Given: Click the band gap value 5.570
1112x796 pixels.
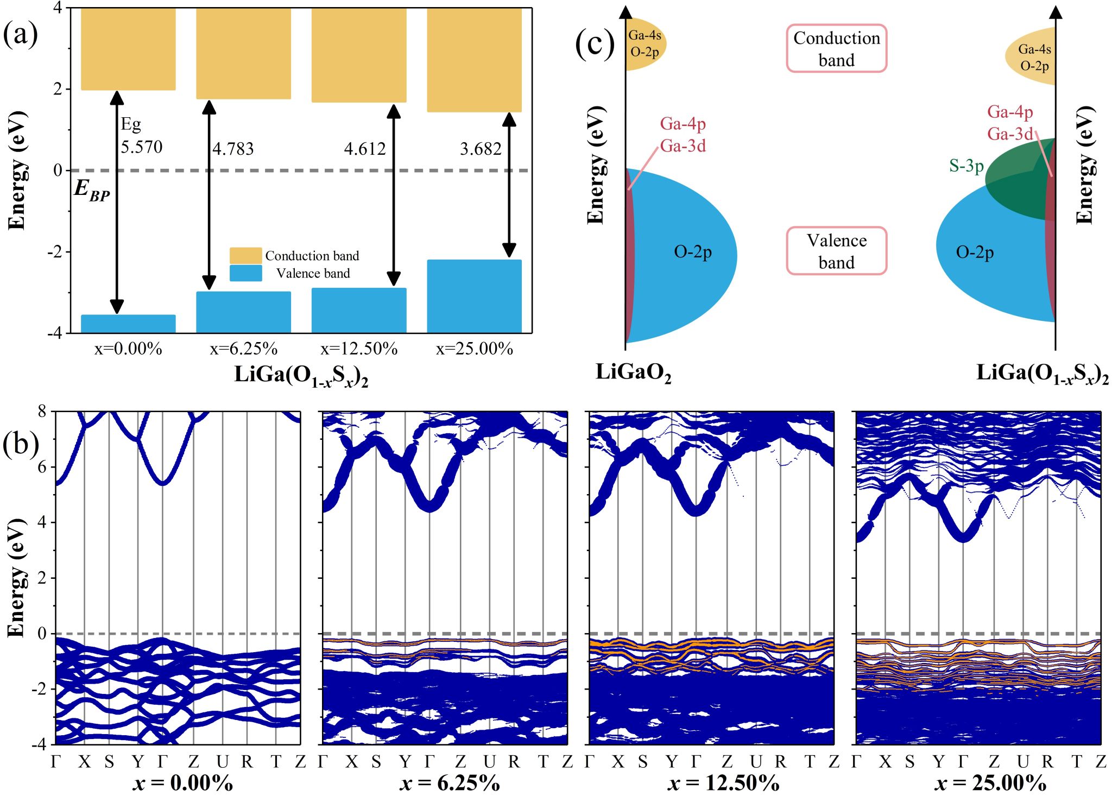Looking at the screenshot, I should pos(142,147).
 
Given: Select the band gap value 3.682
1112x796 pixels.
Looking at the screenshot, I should pos(481,149).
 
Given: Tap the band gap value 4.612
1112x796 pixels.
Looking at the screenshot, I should pos(365,149).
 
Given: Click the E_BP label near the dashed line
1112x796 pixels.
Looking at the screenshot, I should pos(92,189).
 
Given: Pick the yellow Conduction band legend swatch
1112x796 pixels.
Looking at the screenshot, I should pos(245,256).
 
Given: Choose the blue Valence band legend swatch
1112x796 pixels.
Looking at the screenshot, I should pos(245,273).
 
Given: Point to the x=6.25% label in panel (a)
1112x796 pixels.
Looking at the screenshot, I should pos(244,349).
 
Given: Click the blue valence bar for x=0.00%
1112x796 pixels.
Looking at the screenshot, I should pos(128,324).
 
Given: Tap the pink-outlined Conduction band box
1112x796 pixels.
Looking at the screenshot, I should pos(836,48).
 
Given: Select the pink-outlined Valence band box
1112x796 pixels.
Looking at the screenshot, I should pos(836,251).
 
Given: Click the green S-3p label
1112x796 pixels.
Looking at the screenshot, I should pos(966,166).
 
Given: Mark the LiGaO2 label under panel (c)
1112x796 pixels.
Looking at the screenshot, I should pos(633,373).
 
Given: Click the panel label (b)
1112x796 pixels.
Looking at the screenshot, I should pos(21,444).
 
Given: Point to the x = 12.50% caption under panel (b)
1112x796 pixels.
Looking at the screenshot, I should pos(723,783).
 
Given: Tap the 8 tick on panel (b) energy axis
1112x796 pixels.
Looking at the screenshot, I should pos(42,412).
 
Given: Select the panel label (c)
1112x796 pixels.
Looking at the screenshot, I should pos(595,44).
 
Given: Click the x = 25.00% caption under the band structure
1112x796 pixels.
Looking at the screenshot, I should pos(990,783).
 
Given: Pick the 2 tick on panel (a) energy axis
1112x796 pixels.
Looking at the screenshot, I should pos(58,89).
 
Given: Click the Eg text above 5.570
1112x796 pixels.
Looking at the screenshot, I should pos(131,124).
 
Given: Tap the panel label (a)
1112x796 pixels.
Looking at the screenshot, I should pos(21,34).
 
